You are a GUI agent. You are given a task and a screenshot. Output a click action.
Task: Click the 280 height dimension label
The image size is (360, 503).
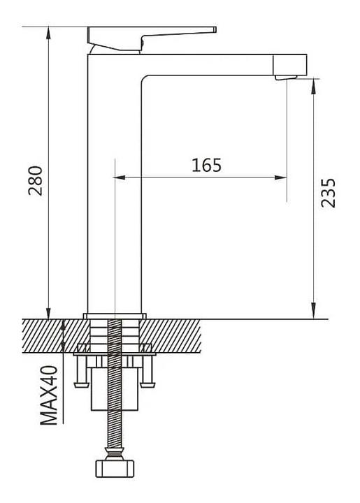[x=35, y=181]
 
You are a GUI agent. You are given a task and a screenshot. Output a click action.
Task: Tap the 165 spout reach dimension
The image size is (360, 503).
[x=206, y=165]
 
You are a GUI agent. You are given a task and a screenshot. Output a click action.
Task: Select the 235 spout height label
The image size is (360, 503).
[x=328, y=193]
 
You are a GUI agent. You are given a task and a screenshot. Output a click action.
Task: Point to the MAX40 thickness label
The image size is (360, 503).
[x=49, y=395]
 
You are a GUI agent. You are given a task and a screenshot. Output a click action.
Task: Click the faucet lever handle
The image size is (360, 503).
[x=151, y=38]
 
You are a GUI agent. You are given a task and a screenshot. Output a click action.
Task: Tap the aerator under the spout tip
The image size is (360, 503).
[x=286, y=78]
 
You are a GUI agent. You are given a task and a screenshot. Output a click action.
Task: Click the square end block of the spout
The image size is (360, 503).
[x=290, y=65]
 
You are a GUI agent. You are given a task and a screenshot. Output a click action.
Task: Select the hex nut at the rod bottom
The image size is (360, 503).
[x=115, y=469]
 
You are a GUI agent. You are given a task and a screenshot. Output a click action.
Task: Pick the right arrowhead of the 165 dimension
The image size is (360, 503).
[x=281, y=177]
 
